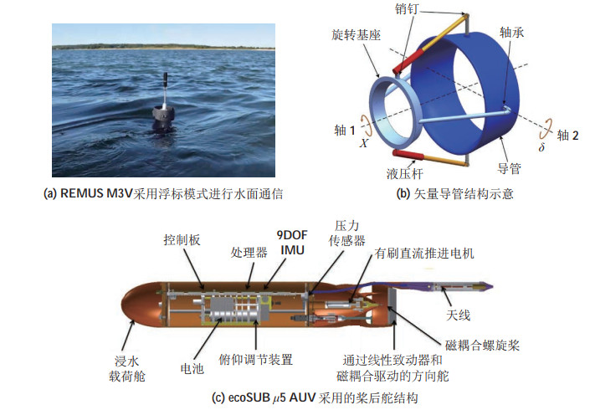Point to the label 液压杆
[406, 176]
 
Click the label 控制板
[182, 238]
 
